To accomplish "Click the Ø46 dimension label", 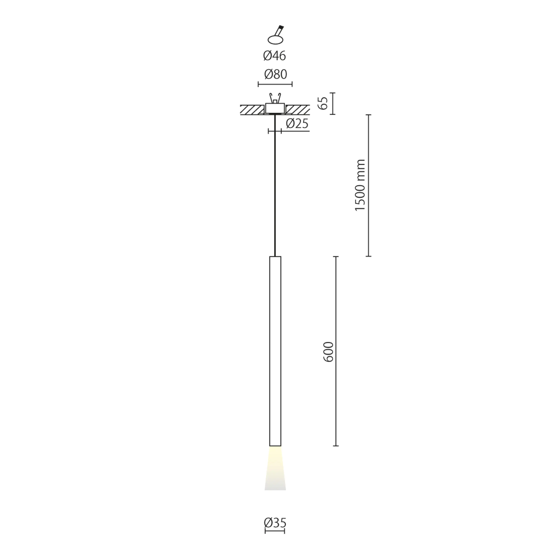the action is click(274, 56).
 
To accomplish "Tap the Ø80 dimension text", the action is click(275, 74).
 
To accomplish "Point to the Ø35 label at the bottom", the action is click(275, 523).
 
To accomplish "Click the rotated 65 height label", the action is click(323, 103).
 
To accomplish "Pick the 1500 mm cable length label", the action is click(360, 185).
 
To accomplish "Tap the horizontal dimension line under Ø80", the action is click(275, 84).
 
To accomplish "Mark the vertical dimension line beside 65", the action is click(332, 103).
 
